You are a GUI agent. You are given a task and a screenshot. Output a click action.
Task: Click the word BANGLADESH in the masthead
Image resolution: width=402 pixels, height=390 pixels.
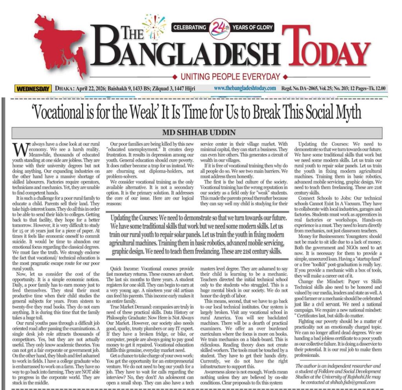tap(185, 53)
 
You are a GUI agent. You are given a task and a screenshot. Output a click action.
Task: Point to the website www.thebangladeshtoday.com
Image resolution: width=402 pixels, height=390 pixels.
tap(245, 88)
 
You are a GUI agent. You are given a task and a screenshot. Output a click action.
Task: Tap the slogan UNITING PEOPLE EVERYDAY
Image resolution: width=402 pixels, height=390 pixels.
tap(231, 77)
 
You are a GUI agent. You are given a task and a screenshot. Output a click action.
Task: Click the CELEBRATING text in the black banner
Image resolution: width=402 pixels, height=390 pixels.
tap(190, 28)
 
